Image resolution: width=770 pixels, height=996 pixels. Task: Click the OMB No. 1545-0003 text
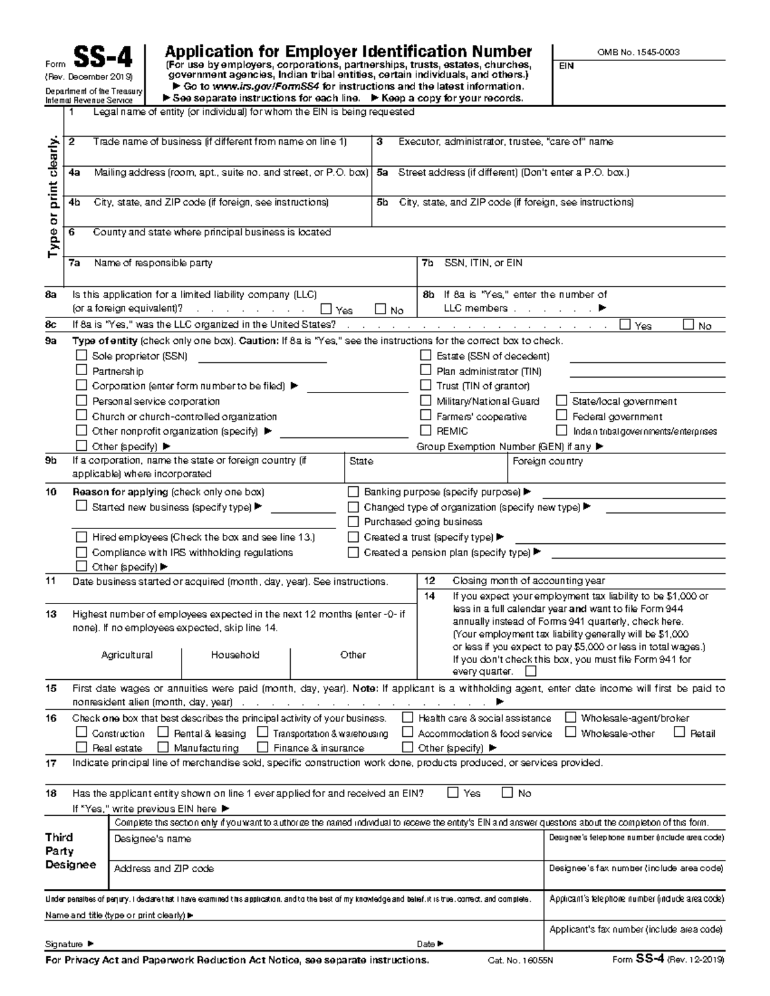pos(638,53)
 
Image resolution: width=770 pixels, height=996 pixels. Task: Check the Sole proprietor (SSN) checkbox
pos(81,355)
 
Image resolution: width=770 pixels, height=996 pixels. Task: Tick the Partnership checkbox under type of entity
pos(81,370)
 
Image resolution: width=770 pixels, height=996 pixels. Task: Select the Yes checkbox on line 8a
pos(326,309)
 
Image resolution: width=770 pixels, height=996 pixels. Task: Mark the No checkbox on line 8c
pos(689,325)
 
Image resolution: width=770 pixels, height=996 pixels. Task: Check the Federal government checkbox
pos(561,416)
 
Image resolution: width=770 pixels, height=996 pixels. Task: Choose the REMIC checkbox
pos(425,430)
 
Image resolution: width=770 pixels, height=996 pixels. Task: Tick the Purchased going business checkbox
pos(353,521)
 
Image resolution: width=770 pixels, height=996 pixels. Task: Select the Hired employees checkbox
pos(81,537)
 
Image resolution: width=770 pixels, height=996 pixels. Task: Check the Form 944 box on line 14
pos(530,671)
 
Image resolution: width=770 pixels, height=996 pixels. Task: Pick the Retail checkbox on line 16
pos(680,732)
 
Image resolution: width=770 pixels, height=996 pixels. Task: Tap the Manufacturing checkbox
pos(163,747)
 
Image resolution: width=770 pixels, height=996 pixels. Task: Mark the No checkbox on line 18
pos(507,793)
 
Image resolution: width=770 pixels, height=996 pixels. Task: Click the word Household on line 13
pos(235,655)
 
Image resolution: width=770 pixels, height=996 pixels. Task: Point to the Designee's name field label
pos(152,839)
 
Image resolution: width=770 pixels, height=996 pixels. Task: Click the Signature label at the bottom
pos(64,944)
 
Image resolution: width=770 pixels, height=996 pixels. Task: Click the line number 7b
pos(428,263)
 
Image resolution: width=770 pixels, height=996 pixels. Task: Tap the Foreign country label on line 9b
pos(547,461)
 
